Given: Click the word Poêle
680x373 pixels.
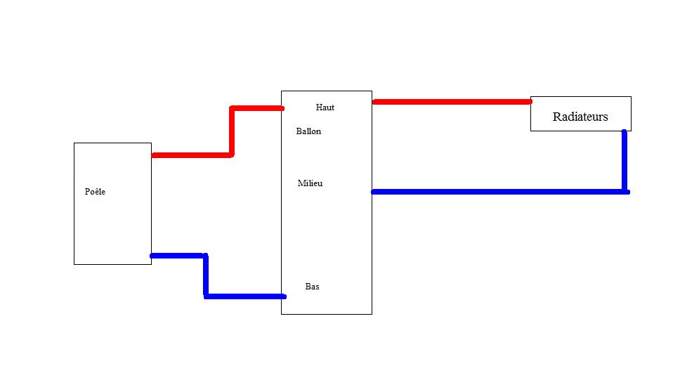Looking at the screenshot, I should pos(95,192).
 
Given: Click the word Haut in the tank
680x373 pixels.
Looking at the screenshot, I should pos(325,107).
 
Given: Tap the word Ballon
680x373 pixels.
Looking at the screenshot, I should pos(308,131).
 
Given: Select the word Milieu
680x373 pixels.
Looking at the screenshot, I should pos(310,183).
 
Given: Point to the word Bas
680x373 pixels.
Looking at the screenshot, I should pos(313,287).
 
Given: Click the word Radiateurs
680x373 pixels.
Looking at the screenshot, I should pos(580,117).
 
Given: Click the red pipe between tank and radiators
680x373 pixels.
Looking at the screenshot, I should pos(451,102).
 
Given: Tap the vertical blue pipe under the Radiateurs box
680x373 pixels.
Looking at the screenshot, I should pos(624,160).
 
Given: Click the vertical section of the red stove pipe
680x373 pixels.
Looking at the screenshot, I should pos(231,131).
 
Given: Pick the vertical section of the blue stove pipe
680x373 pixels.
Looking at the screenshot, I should pos(206,275).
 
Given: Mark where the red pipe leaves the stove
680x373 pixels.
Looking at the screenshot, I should pos(154,155).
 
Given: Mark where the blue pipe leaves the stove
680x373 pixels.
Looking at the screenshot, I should pos(154,256).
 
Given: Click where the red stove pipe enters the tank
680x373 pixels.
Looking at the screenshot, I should pos(280,108).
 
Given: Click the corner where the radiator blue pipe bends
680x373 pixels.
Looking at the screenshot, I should pos(625,191).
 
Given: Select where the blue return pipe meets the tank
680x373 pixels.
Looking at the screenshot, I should pos(374,191).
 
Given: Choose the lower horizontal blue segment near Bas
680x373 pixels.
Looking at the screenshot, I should pos(244,296).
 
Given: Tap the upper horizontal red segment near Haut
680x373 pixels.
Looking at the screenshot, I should pos(256,108).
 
